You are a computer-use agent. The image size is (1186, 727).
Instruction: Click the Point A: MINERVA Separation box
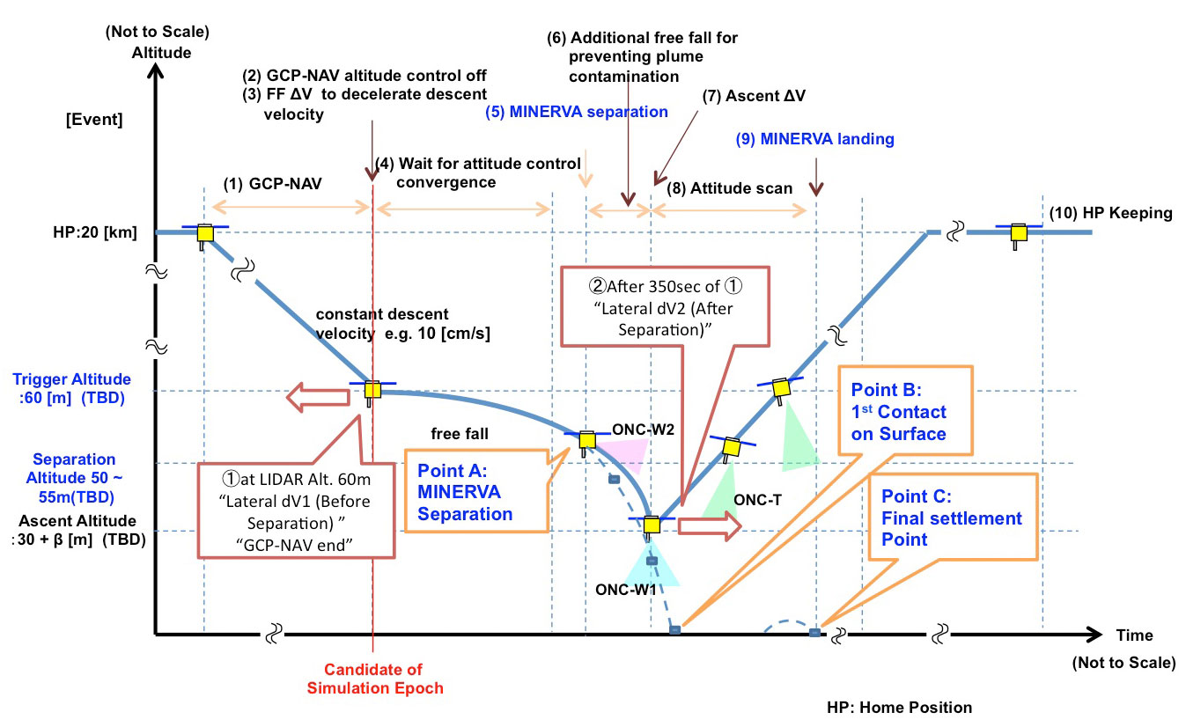(476, 491)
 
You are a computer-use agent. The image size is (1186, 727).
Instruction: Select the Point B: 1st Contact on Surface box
(905, 411)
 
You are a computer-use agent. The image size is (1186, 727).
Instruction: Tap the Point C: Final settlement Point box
(953, 517)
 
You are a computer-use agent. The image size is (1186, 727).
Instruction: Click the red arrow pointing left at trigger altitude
(318, 397)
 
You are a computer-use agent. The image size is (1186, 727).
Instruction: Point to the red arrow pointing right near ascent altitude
(710, 526)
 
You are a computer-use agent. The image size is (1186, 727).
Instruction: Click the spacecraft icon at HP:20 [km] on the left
(205, 235)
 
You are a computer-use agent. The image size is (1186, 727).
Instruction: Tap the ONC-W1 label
(625, 590)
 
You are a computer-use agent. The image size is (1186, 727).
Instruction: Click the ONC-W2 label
(643, 430)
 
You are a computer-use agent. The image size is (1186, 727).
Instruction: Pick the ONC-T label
(757, 499)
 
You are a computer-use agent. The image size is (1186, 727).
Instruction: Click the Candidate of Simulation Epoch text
(375, 679)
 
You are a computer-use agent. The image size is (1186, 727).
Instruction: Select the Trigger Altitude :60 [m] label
(71, 388)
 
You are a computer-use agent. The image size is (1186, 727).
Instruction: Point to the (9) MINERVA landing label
(814, 139)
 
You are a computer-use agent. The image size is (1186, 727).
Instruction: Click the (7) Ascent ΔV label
(754, 96)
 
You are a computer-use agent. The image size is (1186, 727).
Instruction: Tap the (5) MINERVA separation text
(576, 112)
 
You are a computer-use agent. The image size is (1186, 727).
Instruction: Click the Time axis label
(1134, 635)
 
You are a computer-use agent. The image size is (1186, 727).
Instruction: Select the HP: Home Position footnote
(899, 708)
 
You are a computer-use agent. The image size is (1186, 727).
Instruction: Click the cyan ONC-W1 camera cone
(652, 563)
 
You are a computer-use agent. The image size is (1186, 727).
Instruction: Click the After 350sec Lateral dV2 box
(665, 307)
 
